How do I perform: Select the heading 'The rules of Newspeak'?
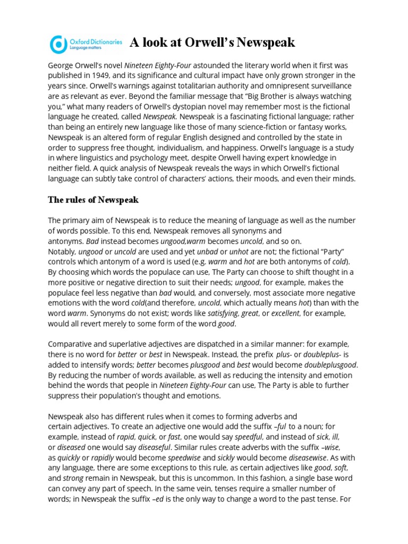pyautogui.click(x=93, y=200)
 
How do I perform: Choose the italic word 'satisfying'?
pyautogui.click(x=223, y=313)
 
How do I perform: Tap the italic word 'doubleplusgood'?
pyautogui.click(x=330, y=365)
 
